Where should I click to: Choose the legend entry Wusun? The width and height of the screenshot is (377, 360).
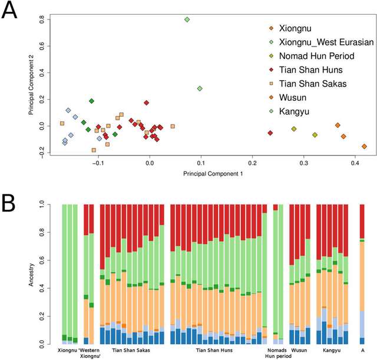click(293, 98)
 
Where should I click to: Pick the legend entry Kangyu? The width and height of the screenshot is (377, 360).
click(295, 112)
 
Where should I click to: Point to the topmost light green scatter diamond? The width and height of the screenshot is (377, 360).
click(187, 19)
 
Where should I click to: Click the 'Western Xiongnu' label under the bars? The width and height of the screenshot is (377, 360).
click(90, 353)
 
